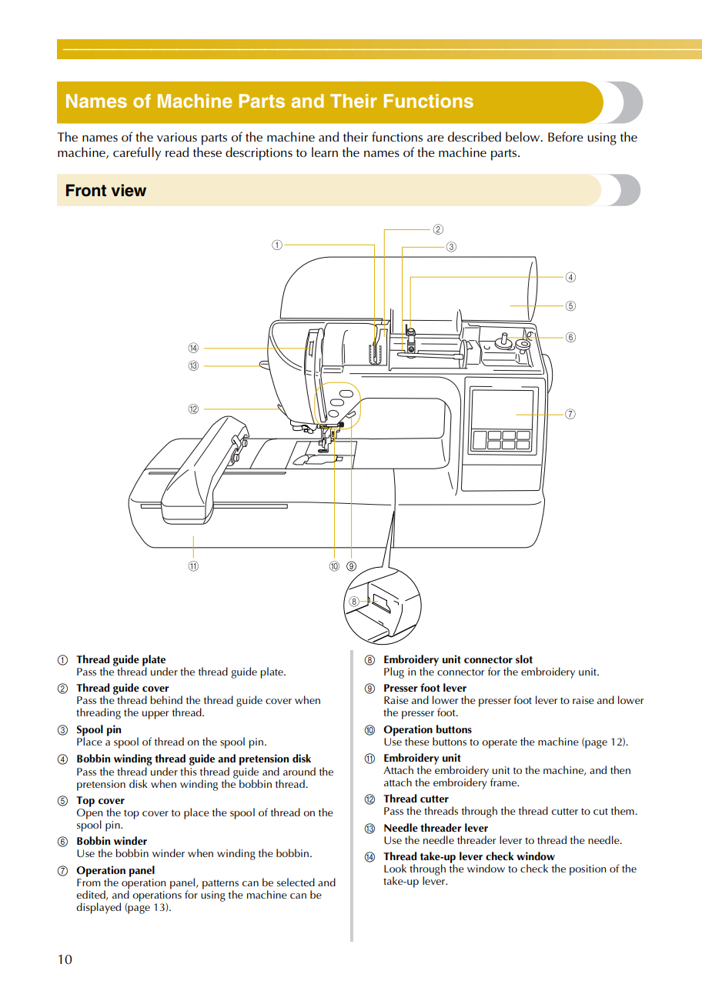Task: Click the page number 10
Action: click(65, 959)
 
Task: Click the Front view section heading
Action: click(105, 191)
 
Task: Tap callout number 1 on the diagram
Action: click(277, 245)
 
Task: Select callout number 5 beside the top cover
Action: click(570, 305)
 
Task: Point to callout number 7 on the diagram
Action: click(570, 414)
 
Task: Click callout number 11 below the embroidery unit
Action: click(193, 566)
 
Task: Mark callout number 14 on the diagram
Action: click(193, 349)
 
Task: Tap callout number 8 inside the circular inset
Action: click(354, 602)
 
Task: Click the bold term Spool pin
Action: click(99, 729)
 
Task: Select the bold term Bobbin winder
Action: click(112, 841)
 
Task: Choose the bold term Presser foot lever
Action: click(425, 688)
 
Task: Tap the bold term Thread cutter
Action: click(416, 799)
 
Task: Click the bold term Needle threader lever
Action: click(436, 828)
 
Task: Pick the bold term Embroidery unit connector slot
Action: click(458, 659)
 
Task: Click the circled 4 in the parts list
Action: click(63, 759)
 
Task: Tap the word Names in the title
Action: click(89, 102)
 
